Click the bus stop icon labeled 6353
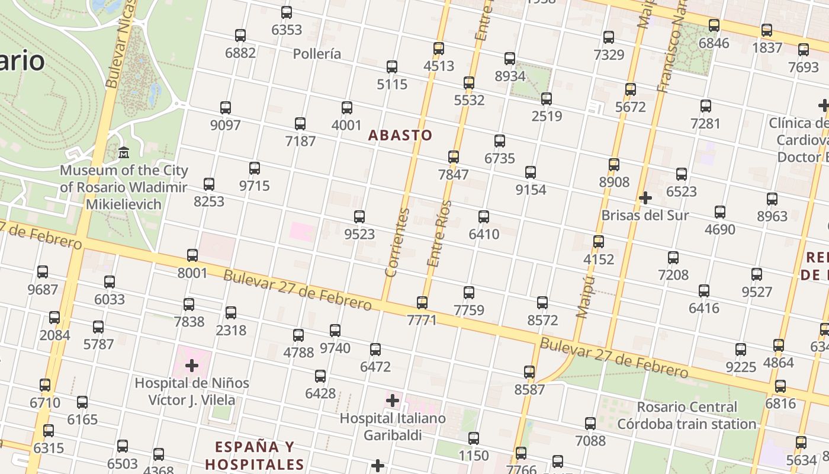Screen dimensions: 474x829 tap(287, 12)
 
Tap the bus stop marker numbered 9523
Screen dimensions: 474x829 tap(359, 217)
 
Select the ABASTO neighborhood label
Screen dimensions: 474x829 tap(400, 135)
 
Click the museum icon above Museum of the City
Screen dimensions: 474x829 tap(124, 153)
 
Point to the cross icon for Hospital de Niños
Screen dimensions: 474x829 tap(192, 365)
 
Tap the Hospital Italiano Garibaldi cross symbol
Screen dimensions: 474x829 tap(392, 401)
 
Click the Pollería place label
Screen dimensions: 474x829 tap(317, 54)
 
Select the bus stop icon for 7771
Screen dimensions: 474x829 tap(422, 303)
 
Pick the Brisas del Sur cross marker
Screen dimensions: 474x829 tap(645, 197)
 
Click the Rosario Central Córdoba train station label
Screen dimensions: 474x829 tap(687, 415)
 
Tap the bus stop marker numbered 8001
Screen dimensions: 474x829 tap(192, 255)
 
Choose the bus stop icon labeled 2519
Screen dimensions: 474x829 tap(547, 99)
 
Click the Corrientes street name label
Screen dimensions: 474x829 tap(397, 243)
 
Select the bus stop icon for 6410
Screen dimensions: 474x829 tap(484, 217)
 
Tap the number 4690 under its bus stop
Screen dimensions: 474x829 tap(720, 230)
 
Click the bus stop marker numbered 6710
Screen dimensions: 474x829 tap(45, 385)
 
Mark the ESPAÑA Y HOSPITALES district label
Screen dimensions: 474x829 tap(255, 455)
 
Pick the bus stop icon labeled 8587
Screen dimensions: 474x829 tap(529, 372)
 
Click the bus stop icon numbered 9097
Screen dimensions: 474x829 tap(226, 108)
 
